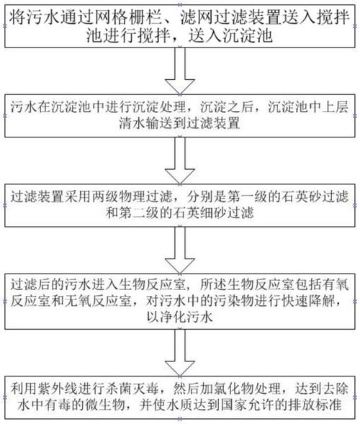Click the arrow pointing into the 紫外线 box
(x=179, y=352)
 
